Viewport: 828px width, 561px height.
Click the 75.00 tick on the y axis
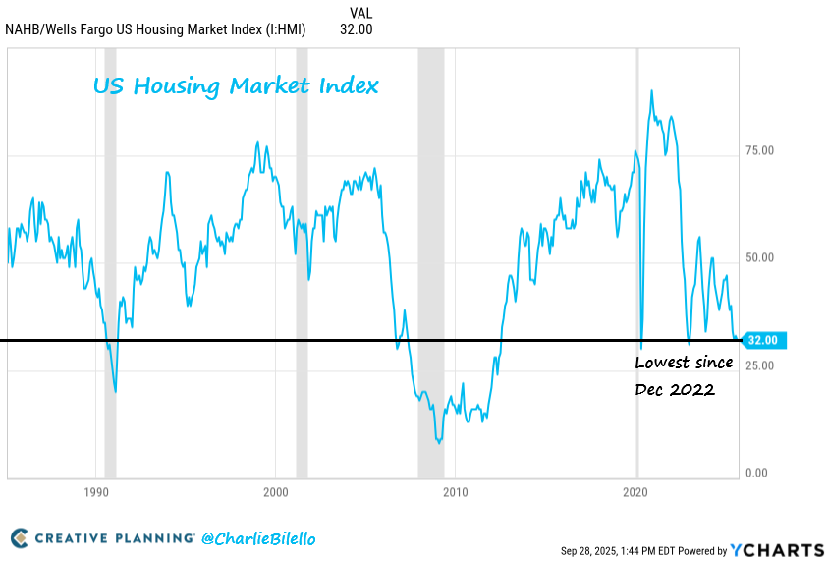point(760,150)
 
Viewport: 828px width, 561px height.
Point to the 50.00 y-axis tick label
point(760,257)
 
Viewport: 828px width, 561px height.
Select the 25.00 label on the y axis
point(760,365)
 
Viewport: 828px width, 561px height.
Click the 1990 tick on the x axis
point(96,491)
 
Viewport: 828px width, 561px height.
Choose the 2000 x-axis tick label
point(276,491)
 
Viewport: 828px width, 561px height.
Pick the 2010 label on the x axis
point(456,491)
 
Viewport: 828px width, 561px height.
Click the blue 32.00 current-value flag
point(763,340)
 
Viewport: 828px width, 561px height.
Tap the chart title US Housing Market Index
point(236,86)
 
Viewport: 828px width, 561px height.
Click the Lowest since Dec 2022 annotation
point(684,375)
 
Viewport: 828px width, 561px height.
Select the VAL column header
point(360,13)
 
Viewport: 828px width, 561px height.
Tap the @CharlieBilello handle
point(259,538)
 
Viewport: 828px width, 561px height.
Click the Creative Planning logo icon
point(20,538)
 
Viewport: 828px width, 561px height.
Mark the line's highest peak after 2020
point(652,90)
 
